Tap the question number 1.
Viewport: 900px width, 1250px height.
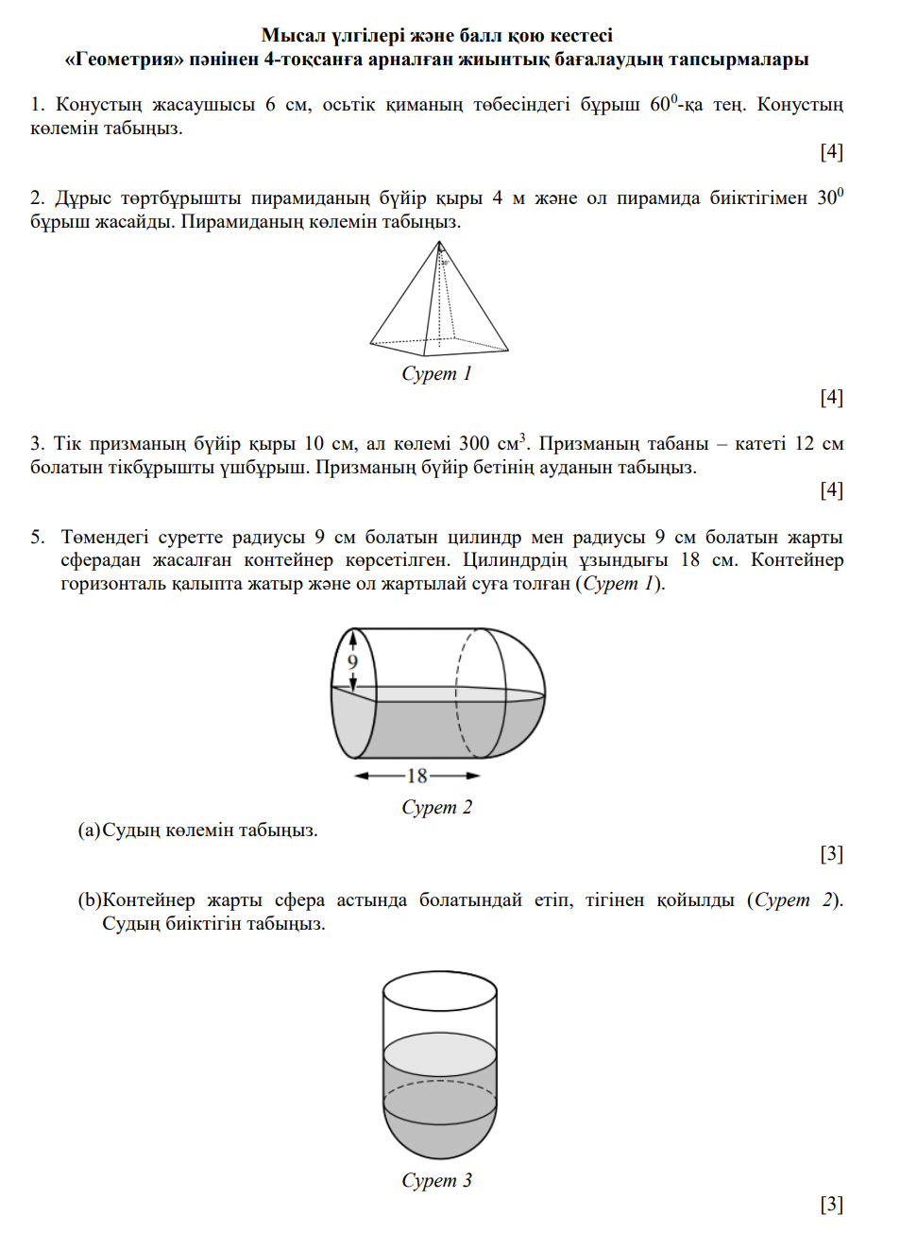click(x=37, y=105)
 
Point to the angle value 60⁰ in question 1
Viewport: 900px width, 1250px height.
click(x=663, y=104)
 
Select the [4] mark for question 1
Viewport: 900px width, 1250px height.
click(x=831, y=151)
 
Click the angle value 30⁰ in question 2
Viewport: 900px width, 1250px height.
click(x=829, y=197)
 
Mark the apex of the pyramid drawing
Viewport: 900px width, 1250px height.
click(x=439, y=243)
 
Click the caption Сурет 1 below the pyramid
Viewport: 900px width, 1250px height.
click(x=436, y=373)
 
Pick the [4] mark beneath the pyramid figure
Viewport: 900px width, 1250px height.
click(x=831, y=397)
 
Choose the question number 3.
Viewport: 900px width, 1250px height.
click(x=37, y=443)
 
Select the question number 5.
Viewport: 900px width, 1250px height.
click(x=37, y=537)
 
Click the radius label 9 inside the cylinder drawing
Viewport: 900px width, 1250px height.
click(x=352, y=661)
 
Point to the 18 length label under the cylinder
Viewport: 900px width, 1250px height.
click(x=417, y=777)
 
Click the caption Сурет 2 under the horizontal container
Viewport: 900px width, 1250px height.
click(x=436, y=807)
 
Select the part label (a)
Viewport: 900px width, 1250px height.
click(x=89, y=830)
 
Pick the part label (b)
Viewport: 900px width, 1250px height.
click(x=89, y=899)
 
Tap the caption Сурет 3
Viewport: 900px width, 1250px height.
click(x=436, y=1180)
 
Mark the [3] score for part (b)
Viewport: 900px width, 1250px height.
click(x=831, y=1204)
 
